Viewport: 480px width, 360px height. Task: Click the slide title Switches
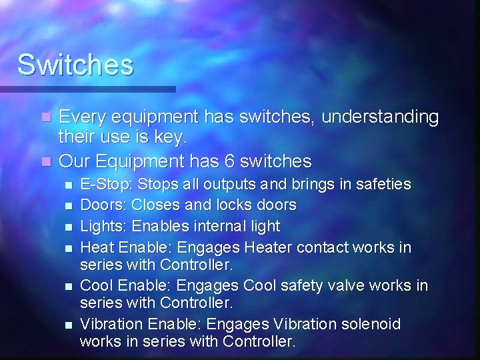pyautogui.click(x=75, y=65)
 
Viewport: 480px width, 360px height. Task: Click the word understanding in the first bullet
pyautogui.click(x=380, y=117)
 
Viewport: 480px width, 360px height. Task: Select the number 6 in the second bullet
pyautogui.click(x=233, y=161)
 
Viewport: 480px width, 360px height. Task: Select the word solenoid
pyautogui.click(x=371, y=325)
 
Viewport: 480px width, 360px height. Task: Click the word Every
pyautogui.click(x=81, y=117)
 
